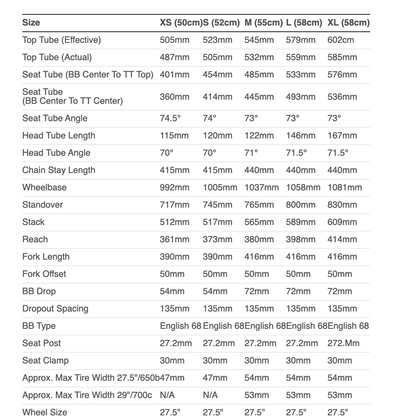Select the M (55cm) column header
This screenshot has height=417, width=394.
pos(263,22)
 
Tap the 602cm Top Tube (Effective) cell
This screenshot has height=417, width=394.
pos(340,40)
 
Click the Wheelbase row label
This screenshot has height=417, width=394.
pos(45,187)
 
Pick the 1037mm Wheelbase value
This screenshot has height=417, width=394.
pos(262,187)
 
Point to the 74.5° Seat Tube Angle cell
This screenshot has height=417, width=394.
pos(171,118)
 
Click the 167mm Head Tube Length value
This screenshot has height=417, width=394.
pos(342,136)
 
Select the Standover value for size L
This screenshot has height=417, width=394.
pos(300,205)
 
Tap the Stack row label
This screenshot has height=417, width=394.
pos(33,222)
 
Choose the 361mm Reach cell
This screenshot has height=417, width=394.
pos(174,239)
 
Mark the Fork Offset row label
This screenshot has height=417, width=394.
pos(44,274)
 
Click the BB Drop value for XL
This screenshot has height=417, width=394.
pos(340,291)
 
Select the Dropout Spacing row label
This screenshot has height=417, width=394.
pos(55,309)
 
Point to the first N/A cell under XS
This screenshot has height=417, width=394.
pos(167,395)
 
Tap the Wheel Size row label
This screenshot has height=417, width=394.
pos(45,412)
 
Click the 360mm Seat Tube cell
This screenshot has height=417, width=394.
pos(174,97)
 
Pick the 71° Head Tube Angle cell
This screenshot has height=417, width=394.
pos(251,153)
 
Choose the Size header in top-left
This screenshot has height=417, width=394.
pos(31,22)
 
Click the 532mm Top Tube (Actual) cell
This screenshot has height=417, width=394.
pos(259,57)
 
